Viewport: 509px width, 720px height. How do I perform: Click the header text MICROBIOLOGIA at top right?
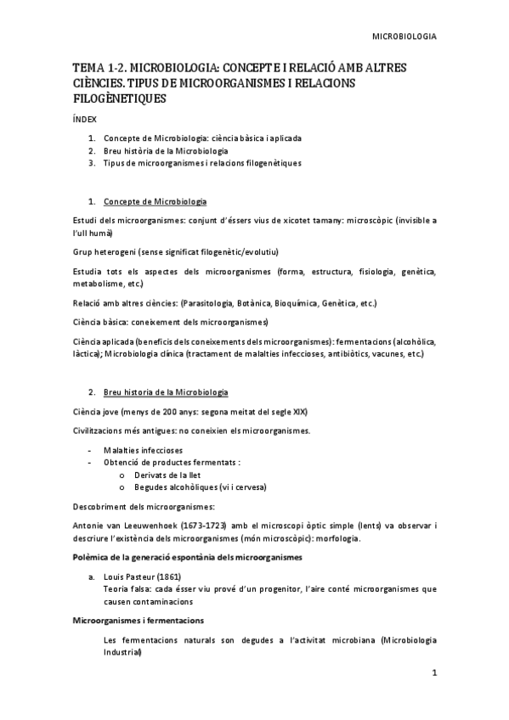click(405, 37)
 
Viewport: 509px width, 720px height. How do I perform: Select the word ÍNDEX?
click(84, 120)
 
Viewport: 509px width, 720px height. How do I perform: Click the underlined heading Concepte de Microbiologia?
click(155, 201)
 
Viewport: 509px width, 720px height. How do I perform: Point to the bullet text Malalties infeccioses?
click(143, 449)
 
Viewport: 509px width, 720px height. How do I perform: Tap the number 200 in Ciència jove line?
click(172, 411)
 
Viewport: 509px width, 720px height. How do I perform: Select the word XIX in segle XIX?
click(299, 411)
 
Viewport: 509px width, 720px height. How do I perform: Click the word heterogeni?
click(119, 253)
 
